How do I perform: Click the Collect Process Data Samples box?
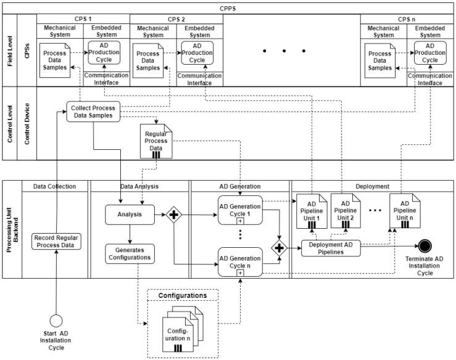click(93, 112)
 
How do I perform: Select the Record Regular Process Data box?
click(57, 241)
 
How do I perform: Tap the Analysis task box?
click(130, 215)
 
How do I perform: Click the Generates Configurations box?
click(130, 253)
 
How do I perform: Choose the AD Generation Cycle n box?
click(241, 259)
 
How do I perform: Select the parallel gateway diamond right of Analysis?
click(174, 215)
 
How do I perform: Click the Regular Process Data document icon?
click(156, 140)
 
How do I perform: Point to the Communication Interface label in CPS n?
click(430, 78)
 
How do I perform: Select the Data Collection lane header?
click(56, 186)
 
